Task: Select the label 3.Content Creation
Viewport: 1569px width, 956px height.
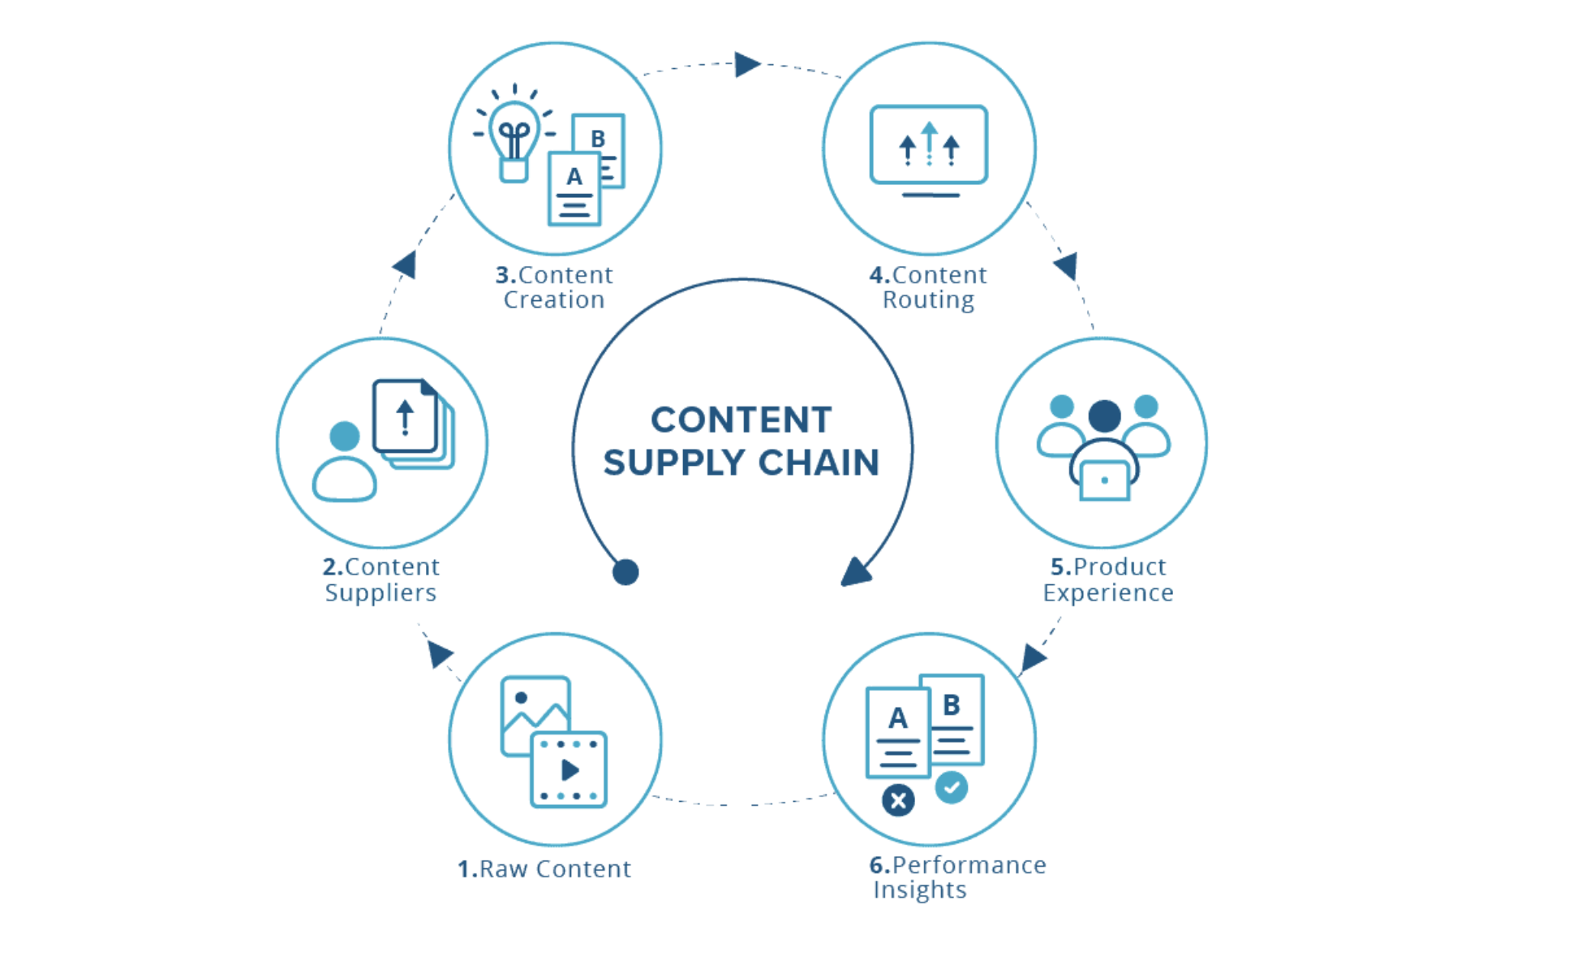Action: pos(554,287)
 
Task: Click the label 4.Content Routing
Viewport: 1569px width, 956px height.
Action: pos(928,287)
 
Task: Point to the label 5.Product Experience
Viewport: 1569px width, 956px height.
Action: pos(1107,579)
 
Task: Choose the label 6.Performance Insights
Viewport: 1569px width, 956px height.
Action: pos(957,877)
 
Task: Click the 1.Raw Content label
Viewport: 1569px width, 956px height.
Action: pos(544,869)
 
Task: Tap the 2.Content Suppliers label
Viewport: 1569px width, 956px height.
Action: pos(380,579)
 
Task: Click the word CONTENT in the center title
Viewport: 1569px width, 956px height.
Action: pos(741,420)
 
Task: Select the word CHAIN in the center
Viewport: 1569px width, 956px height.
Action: pos(819,463)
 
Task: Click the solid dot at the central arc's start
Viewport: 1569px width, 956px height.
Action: pos(625,572)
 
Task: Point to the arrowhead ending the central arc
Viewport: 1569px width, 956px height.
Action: pos(855,572)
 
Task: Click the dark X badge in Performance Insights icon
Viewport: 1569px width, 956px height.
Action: pos(898,801)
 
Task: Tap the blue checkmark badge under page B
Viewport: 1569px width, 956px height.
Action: pos(951,787)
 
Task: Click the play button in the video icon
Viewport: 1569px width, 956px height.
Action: pos(570,769)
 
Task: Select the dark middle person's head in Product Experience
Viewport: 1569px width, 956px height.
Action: pos(1104,416)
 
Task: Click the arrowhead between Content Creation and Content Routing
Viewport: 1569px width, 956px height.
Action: pos(746,64)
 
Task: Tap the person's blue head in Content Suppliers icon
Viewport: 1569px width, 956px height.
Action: pos(345,436)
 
